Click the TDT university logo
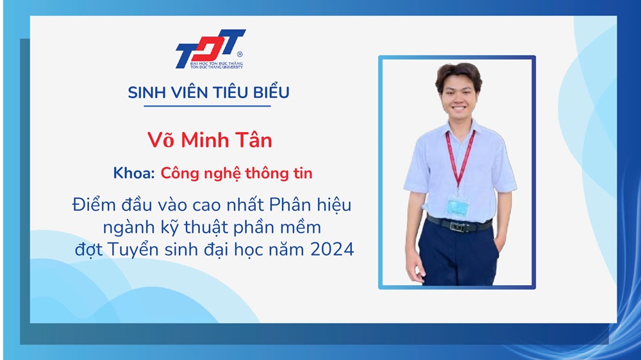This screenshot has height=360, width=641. pyautogui.click(x=210, y=49)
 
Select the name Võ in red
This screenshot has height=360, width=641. pyautogui.click(x=161, y=140)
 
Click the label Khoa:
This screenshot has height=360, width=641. pyautogui.click(x=134, y=173)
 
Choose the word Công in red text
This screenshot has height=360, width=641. pyautogui.click(x=179, y=174)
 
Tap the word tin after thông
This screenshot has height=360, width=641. pyautogui.click(x=303, y=173)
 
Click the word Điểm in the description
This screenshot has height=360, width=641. pyautogui.click(x=94, y=204)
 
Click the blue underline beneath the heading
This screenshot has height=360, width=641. pyautogui.click(x=207, y=106)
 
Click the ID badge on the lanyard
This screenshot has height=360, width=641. pyautogui.click(x=458, y=206)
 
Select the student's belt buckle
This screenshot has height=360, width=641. pyautogui.click(x=456, y=225)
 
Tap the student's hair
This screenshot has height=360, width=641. pyautogui.click(x=459, y=76)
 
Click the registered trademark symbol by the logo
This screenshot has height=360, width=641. pyautogui.click(x=240, y=54)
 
